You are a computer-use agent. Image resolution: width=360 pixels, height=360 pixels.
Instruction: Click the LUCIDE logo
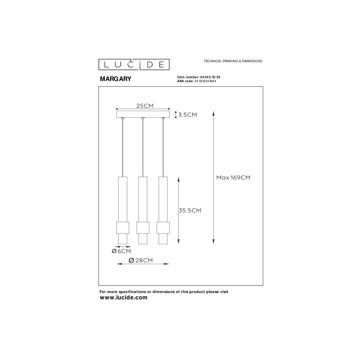point(134,64)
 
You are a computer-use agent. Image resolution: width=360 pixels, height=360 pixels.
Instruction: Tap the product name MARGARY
point(115,79)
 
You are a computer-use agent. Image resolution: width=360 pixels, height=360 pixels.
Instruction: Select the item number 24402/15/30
point(212,77)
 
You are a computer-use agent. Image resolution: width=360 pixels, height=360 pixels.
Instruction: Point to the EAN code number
point(205,81)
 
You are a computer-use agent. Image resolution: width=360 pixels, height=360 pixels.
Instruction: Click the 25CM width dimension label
point(145,106)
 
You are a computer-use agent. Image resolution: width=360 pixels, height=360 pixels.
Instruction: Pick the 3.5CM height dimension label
point(187,115)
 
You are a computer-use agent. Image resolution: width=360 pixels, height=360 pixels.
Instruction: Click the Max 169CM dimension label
point(233,178)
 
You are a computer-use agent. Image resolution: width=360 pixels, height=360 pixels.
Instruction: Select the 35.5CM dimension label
point(190,211)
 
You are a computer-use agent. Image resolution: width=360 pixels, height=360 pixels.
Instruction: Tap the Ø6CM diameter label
point(121,251)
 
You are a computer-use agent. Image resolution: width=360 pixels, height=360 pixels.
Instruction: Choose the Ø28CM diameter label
point(140,260)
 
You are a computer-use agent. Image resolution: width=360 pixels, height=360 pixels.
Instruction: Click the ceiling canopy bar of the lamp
point(142,114)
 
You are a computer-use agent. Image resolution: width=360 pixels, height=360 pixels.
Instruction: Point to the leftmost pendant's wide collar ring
point(122,228)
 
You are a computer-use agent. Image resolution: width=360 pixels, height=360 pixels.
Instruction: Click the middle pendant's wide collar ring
point(143,228)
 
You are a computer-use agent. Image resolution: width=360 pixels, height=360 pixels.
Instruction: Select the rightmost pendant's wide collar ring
point(163,228)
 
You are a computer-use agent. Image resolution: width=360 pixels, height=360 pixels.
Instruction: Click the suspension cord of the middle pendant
point(143,147)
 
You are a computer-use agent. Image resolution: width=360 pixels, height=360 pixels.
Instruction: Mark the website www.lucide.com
point(124,298)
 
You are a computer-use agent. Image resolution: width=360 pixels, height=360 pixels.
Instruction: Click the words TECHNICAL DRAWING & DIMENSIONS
point(233,61)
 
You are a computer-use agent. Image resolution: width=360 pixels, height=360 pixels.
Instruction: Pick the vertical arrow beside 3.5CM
point(176,115)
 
